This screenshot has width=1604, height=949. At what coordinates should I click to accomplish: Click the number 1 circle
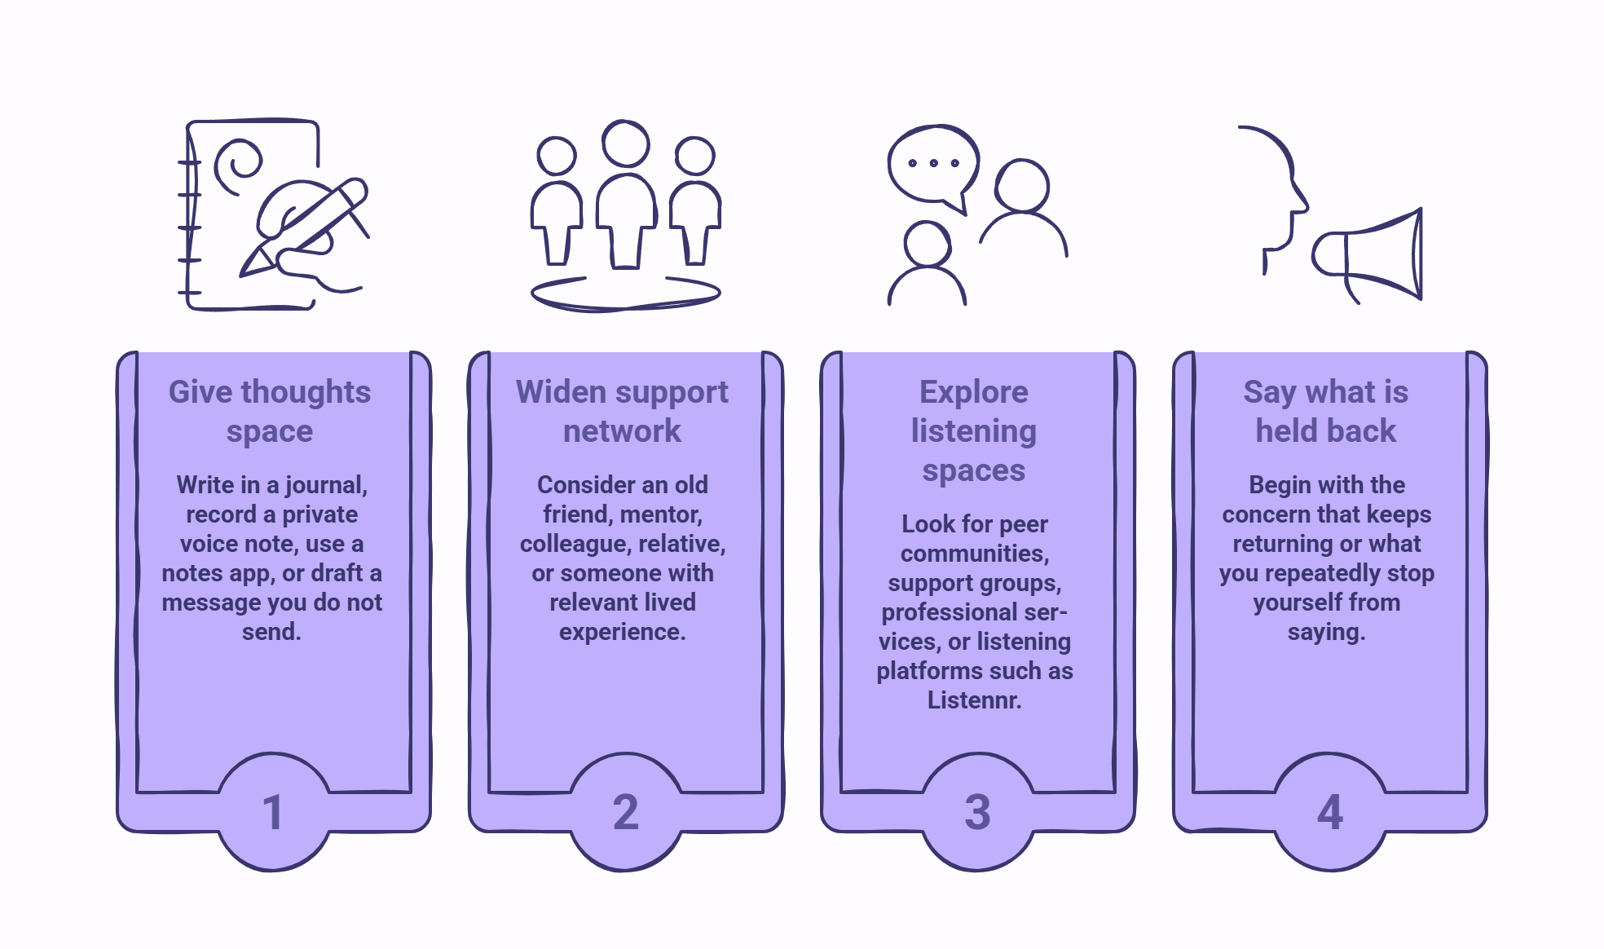click(274, 812)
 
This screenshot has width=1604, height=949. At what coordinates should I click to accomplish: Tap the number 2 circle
click(626, 812)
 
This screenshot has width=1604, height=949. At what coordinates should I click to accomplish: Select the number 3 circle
click(978, 812)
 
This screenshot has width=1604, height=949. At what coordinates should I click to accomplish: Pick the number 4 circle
click(1330, 812)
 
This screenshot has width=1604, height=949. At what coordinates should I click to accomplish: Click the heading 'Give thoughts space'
click(270, 412)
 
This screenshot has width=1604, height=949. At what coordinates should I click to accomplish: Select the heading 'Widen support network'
click(622, 412)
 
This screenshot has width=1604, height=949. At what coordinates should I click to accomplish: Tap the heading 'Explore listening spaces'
click(974, 431)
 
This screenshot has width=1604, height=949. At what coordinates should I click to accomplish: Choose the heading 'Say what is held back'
click(1326, 412)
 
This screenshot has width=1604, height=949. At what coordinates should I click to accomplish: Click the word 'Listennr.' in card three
click(975, 700)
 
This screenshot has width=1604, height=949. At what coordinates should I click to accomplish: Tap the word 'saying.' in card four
click(1327, 633)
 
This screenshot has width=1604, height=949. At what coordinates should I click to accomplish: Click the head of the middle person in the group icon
click(626, 143)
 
